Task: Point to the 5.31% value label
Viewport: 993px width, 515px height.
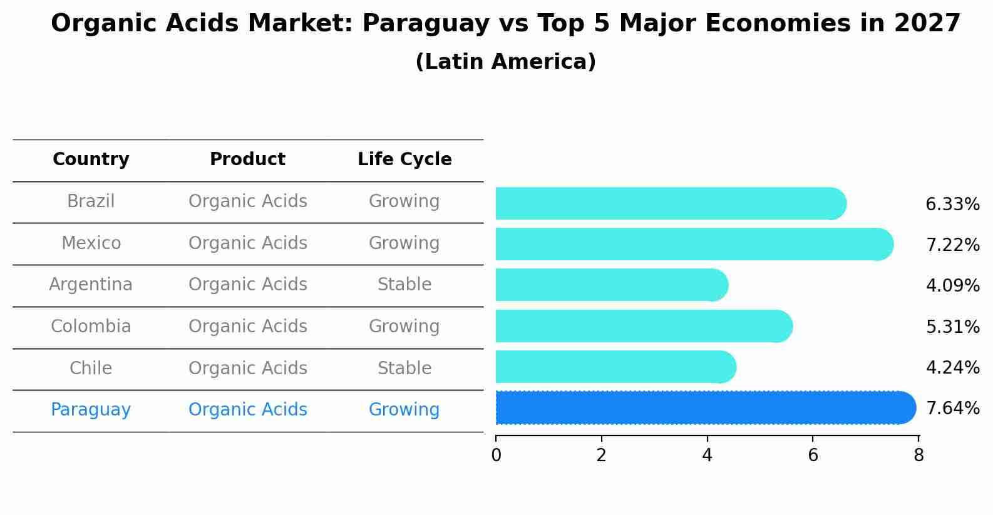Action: click(952, 327)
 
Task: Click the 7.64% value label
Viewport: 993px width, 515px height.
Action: click(952, 408)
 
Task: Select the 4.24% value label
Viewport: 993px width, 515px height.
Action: click(952, 367)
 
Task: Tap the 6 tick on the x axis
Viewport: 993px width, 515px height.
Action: click(813, 455)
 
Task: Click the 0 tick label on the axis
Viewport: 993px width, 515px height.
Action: click(496, 455)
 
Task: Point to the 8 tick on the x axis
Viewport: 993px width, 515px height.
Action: click(918, 455)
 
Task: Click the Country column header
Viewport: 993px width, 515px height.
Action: click(91, 160)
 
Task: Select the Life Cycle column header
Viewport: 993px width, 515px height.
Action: click(404, 160)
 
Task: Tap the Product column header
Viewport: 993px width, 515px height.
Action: click(247, 160)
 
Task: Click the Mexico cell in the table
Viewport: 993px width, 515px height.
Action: click(91, 243)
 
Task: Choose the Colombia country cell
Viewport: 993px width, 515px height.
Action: click(91, 327)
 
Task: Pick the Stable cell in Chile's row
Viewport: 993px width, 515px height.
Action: click(404, 368)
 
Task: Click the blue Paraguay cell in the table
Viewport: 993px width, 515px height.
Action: click(91, 410)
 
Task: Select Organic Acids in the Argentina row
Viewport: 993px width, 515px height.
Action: click(247, 285)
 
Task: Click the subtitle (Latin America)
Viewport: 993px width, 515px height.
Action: click(505, 62)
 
